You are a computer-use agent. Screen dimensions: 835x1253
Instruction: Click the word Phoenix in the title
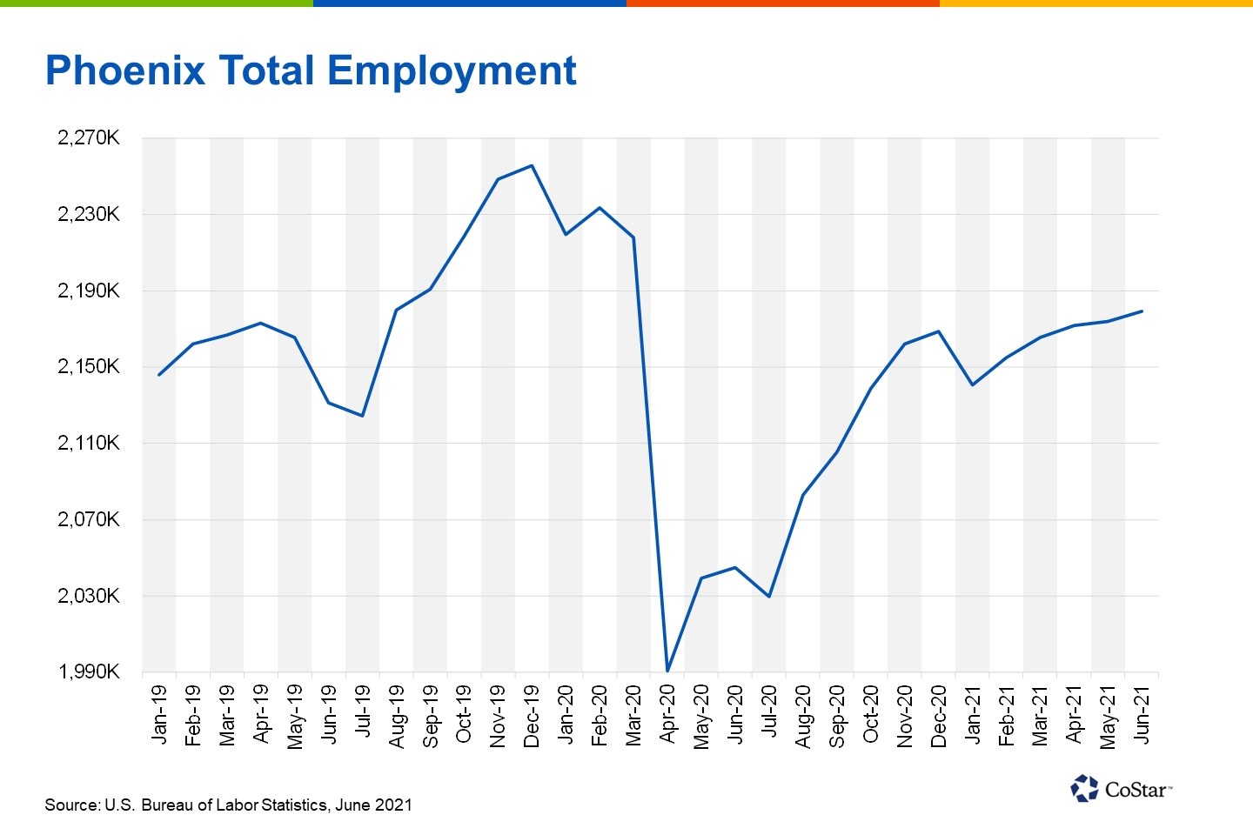(125, 70)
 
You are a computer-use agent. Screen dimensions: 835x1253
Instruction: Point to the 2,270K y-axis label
(88, 137)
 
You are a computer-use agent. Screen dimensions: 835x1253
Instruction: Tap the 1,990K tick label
(88, 671)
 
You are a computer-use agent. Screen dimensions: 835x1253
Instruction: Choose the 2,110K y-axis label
(88, 443)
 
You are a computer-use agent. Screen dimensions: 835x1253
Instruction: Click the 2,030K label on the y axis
(88, 596)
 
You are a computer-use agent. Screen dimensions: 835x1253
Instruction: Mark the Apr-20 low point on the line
(667, 670)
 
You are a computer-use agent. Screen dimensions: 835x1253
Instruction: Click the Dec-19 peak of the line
(532, 165)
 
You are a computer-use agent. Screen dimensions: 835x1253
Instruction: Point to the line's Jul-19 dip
(362, 416)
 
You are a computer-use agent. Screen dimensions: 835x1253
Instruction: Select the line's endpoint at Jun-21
(1142, 311)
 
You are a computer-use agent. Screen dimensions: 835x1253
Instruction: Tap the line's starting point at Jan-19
(158, 375)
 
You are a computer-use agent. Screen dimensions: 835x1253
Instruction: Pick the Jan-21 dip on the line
(972, 384)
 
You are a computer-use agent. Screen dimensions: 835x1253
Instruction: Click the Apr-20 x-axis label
(667, 714)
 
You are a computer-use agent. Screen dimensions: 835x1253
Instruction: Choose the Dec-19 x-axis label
(532, 716)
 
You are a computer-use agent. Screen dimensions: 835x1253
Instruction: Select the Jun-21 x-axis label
(1142, 714)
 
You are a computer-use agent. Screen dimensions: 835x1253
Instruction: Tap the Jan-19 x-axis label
(158, 714)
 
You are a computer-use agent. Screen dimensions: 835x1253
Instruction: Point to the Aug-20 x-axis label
(803, 716)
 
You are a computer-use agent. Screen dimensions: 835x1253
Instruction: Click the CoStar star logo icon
(1084, 788)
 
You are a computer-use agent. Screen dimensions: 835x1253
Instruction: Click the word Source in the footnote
(72, 805)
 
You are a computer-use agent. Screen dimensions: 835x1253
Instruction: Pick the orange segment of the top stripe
(782, 3)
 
